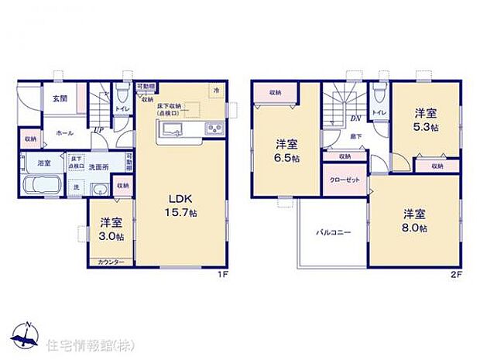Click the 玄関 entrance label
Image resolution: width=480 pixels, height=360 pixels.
pyautogui.click(x=60, y=99)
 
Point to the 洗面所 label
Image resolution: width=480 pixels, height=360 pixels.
pyautogui.click(x=97, y=166)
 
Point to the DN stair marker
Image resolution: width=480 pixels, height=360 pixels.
pyautogui.click(x=355, y=118)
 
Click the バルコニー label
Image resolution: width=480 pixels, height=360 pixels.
pyautogui.click(x=333, y=231)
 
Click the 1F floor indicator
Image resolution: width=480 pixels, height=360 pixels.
pyautogui.click(x=221, y=273)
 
